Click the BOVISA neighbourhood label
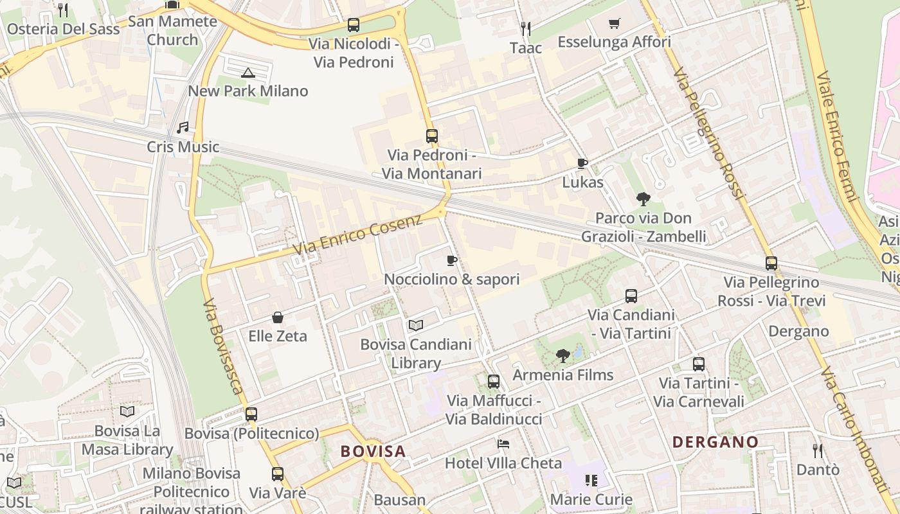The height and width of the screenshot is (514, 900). coord(373,451)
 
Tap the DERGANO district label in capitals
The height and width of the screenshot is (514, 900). coord(715,442)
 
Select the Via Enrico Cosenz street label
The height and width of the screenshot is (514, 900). coord(357,235)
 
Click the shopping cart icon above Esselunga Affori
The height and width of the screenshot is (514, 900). coord(615,24)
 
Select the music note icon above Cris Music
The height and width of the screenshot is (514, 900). coord(183,128)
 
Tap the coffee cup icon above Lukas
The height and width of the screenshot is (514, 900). coord(582,164)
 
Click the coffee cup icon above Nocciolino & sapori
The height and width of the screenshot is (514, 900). coord(452,260)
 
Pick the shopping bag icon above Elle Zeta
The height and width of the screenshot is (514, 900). coord(278,317)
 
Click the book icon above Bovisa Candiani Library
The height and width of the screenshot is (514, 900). coord(416,326)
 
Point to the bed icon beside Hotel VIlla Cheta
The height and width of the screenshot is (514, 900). coord(503,444)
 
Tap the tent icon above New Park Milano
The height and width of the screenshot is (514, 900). coord(248,72)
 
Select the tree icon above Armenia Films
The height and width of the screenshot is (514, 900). coord(563,355)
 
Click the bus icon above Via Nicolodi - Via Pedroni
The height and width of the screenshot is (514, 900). coord(353,25)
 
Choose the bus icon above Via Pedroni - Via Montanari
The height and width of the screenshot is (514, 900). coord(431,136)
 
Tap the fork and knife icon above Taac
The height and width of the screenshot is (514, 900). coord(525,28)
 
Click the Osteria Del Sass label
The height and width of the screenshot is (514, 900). coord(63,29)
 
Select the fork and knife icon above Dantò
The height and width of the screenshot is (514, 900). coord(818,450)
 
